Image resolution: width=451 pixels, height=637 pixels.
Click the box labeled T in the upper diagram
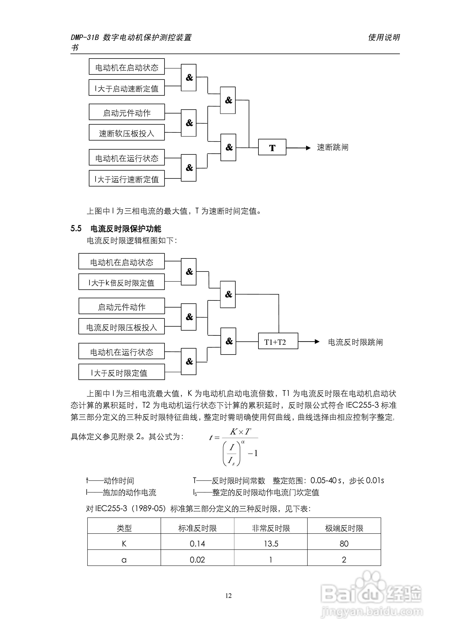[x=272, y=147]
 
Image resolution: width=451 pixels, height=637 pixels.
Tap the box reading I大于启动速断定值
[x=127, y=88]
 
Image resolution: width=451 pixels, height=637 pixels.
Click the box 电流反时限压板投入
[x=121, y=327]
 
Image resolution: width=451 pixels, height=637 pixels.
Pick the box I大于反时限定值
[x=121, y=372]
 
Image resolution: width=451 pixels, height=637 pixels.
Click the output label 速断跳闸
[x=333, y=147]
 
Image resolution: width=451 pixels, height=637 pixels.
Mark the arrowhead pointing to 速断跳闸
[x=308, y=148]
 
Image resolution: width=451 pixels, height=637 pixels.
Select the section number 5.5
[x=76, y=229]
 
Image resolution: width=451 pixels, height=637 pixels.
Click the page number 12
[x=228, y=596]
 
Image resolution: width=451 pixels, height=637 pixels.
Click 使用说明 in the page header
[x=384, y=37]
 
